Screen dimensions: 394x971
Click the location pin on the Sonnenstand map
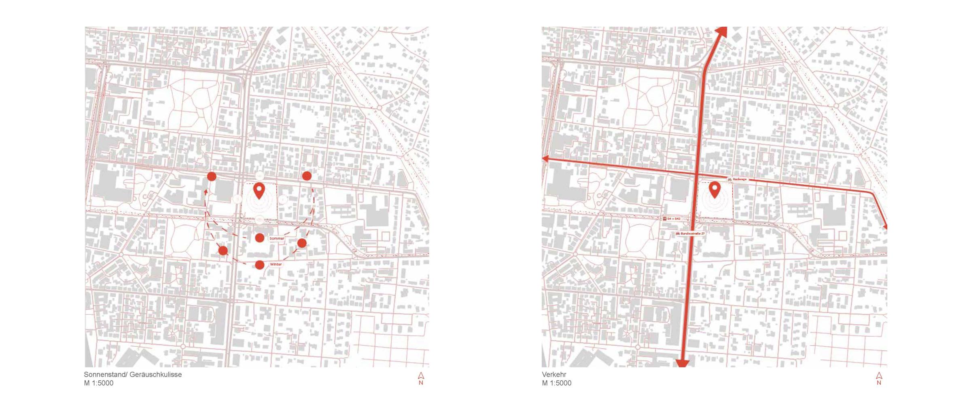259,190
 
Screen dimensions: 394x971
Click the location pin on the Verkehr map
715,190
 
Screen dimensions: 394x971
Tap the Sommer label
277,238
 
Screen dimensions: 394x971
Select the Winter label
276,264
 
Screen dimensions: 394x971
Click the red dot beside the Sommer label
260,238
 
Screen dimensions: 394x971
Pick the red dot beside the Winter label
260,265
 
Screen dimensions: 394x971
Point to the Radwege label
740,179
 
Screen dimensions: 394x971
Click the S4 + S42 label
674,219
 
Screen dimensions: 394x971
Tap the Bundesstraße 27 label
693,234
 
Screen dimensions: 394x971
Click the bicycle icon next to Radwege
730,179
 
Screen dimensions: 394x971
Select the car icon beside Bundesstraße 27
678,234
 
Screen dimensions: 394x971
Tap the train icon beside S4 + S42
665,219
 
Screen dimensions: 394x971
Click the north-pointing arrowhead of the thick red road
721,31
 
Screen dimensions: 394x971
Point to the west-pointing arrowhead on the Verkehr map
545,159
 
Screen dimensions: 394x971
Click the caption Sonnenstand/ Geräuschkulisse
133,375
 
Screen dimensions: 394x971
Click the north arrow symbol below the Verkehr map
879,376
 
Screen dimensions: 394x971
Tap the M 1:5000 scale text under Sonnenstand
99,383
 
